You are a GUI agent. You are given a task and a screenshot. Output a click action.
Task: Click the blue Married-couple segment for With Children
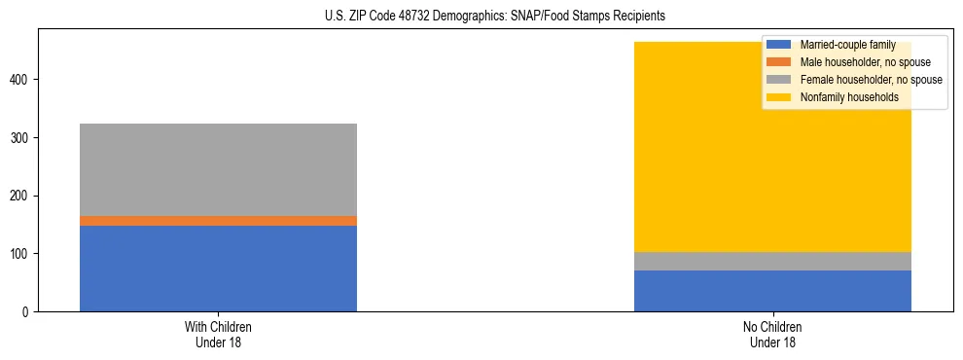click(218, 269)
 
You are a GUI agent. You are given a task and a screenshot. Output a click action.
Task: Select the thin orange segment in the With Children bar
click(218, 221)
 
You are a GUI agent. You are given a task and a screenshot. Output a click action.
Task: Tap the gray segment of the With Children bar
click(218, 169)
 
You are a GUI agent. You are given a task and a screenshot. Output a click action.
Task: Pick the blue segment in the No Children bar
click(772, 291)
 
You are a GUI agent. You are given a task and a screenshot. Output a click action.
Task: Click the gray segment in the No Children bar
click(772, 261)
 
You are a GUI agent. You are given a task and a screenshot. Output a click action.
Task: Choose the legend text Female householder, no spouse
click(871, 80)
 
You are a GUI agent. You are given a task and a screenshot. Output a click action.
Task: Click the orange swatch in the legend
click(779, 62)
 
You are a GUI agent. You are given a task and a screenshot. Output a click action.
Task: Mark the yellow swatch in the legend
click(779, 97)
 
